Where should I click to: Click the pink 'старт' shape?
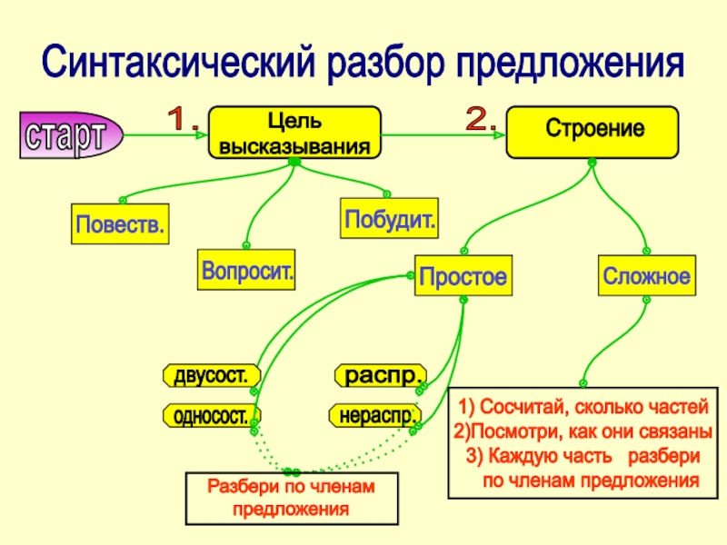point(65,136)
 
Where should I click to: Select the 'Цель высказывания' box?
point(294,134)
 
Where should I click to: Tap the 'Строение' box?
point(592,131)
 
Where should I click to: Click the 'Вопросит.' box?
point(248,272)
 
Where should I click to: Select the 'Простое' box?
point(462,276)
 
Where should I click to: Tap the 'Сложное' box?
point(646,275)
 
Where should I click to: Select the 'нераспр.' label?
point(374,416)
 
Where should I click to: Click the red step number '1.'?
point(188,119)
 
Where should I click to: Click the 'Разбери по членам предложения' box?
point(292,498)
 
